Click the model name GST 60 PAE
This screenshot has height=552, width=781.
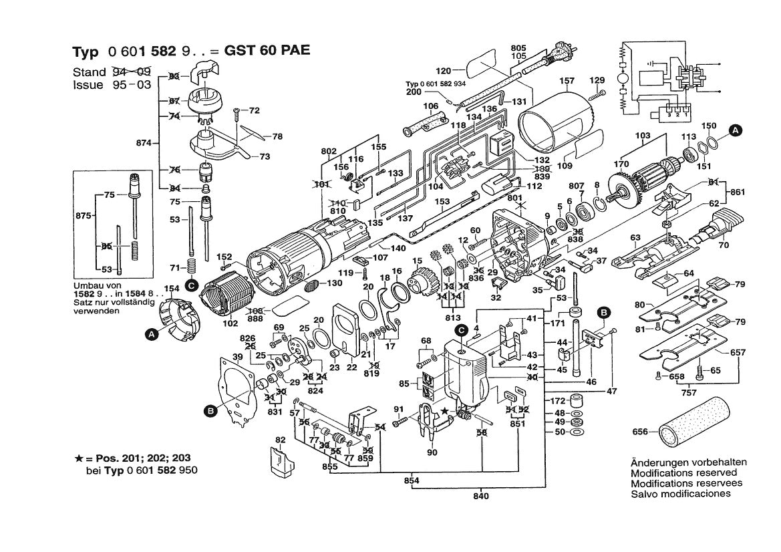(269, 52)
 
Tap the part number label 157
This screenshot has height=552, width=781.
(567, 82)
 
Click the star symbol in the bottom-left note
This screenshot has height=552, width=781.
(79, 458)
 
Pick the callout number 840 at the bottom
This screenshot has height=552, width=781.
(481, 496)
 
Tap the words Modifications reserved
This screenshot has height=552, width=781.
(679, 472)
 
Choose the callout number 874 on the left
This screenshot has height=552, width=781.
(145, 142)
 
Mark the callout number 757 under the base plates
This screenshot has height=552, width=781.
(689, 392)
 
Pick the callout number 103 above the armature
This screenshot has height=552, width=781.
(643, 136)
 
